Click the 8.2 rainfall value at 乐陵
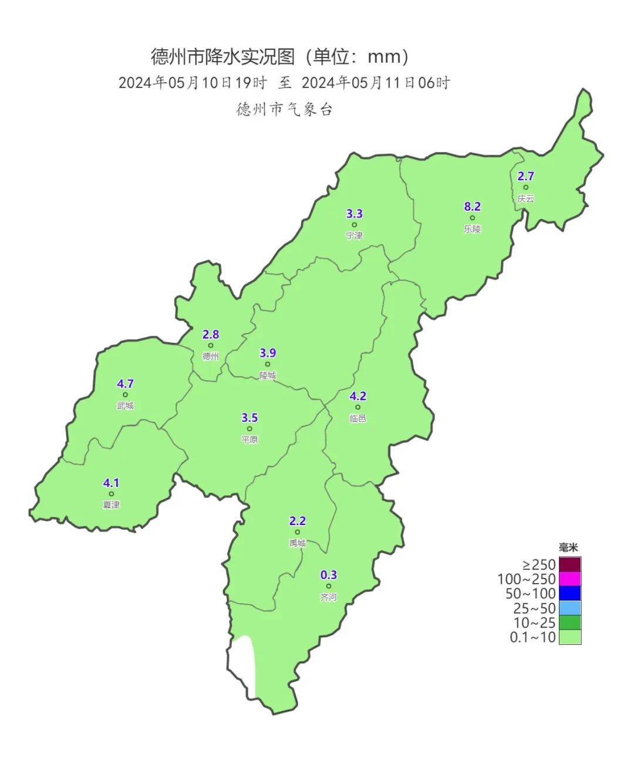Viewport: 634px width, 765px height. pyautogui.click(x=473, y=207)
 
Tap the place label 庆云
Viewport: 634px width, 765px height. pyautogui.click(x=526, y=199)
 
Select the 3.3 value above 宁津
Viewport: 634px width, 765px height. pyautogui.click(x=355, y=214)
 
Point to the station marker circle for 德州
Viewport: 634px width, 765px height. pyautogui.click(x=211, y=346)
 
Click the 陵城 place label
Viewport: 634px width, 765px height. pyautogui.click(x=268, y=375)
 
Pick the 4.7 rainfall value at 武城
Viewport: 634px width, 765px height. pyautogui.click(x=125, y=384)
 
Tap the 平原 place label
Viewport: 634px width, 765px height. pyautogui.click(x=249, y=439)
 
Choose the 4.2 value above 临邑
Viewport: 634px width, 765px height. pyautogui.click(x=358, y=397)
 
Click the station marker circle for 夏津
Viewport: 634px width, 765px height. pyautogui.click(x=111, y=494)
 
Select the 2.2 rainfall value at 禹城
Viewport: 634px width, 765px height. pyautogui.click(x=298, y=521)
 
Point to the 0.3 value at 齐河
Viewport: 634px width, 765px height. pyautogui.click(x=329, y=575)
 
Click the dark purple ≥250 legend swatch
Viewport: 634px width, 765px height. pyautogui.click(x=570, y=564)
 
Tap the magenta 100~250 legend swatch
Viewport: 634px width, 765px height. pyautogui.click(x=570, y=579)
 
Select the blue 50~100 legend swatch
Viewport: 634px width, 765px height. pyautogui.click(x=570, y=594)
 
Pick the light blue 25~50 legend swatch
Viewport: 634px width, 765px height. pyautogui.click(x=570, y=608)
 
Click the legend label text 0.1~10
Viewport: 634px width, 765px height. pyautogui.click(x=532, y=638)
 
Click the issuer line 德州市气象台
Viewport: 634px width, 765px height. pyautogui.click(x=285, y=110)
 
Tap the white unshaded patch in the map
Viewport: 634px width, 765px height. pyautogui.click(x=244, y=663)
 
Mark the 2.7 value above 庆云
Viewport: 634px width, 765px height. pyautogui.click(x=526, y=176)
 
